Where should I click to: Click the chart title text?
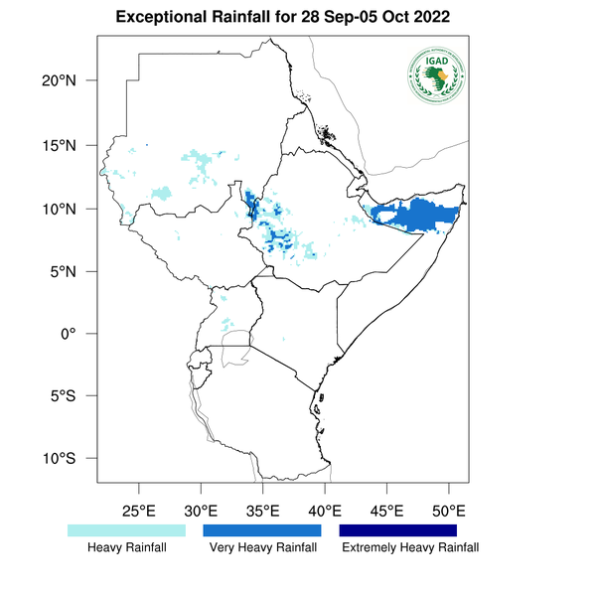pos(282,18)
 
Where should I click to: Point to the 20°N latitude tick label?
pos(61,80)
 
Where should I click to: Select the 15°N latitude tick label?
pos(61,145)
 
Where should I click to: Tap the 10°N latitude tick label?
pos(61,209)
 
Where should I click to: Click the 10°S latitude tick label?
pos(61,459)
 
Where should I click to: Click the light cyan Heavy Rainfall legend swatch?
pos(126,530)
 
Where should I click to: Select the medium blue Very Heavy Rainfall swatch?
pos(262,530)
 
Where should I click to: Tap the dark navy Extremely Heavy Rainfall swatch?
pos(398,530)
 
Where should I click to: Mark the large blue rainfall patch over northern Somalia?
pos(422,215)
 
